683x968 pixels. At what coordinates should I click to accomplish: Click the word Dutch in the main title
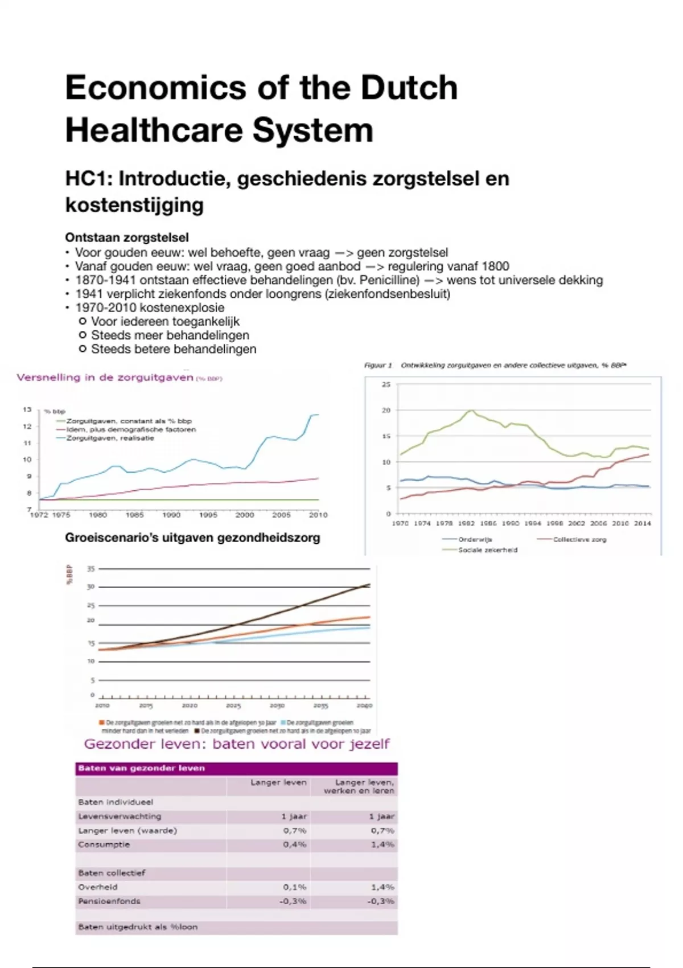[409, 88]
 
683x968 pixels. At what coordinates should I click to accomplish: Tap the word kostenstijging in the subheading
[134, 204]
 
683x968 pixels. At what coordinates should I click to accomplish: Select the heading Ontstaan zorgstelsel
[126, 237]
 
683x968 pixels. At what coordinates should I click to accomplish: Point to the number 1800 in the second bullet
[495, 266]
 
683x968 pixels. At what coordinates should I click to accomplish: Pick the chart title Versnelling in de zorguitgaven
[105, 378]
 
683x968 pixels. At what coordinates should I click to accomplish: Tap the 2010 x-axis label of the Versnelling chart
[318, 515]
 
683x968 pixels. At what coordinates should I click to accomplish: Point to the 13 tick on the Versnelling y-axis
[27, 409]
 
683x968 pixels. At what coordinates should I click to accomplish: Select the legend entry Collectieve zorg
[579, 539]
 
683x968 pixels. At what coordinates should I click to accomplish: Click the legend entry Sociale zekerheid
[488, 550]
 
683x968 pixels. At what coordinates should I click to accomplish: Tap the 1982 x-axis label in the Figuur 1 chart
[466, 523]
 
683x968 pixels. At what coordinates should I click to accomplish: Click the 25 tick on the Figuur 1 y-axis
[386, 384]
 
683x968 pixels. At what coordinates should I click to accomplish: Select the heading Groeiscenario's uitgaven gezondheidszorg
[192, 538]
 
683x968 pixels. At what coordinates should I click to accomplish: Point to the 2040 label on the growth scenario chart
[364, 706]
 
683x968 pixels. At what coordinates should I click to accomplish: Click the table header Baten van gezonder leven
[141, 768]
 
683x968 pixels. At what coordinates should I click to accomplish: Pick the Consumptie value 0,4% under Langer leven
[294, 844]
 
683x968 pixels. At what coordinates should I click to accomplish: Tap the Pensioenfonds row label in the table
[109, 901]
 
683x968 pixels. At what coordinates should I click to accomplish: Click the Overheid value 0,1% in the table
[294, 887]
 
